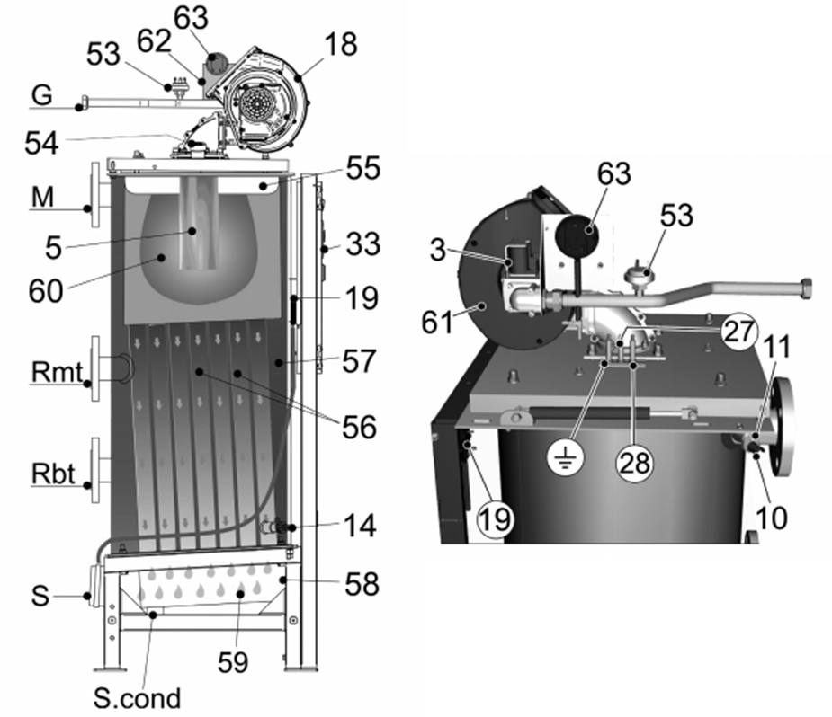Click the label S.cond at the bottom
point(137,698)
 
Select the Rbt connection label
point(53,474)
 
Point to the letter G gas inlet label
point(42,95)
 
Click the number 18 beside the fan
point(341,44)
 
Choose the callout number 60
point(46,291)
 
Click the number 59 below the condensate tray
point(233,662)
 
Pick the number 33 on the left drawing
point(363,244)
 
